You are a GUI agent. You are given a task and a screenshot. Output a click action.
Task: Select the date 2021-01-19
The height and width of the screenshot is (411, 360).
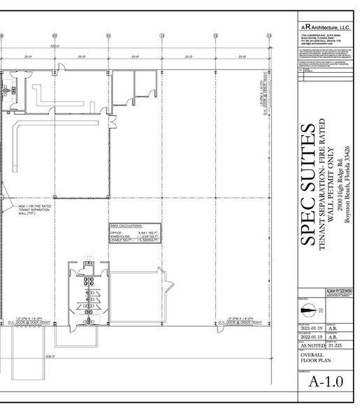(x=312, y=327)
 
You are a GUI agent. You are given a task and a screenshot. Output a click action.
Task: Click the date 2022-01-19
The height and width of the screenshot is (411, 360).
(x=312, y=336)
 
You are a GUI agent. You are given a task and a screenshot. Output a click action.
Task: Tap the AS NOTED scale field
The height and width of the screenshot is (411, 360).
(x=312, y=345)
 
